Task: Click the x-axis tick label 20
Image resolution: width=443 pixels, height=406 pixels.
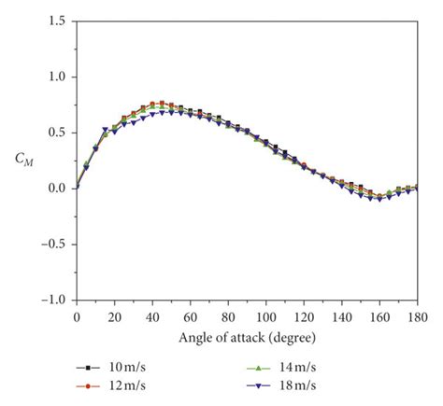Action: (115, 316)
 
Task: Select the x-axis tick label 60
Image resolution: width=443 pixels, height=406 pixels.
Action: (191, 316)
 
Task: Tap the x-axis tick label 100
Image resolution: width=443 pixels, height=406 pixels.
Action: (266, 316)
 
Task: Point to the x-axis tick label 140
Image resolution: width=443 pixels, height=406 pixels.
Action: (342, 316)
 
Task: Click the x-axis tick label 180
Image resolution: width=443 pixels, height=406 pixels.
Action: (417, 316)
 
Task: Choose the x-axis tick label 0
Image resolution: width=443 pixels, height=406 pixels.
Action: (77, 316)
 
